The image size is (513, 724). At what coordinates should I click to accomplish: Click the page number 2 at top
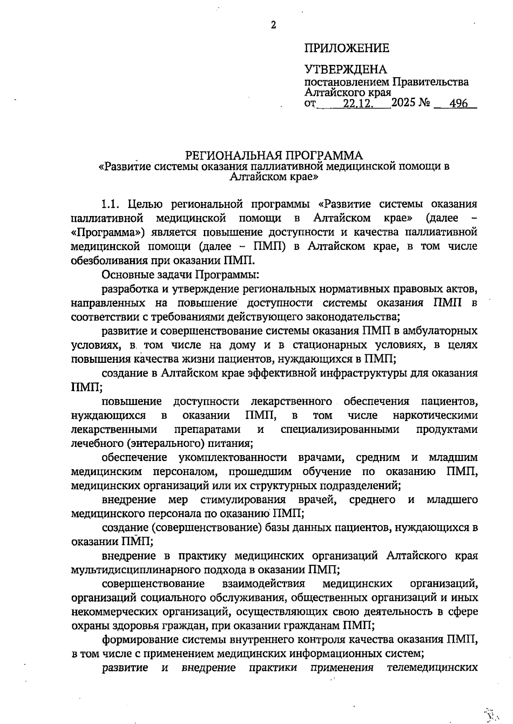[274, 25]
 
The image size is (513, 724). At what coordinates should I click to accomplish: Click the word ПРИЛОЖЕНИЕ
[346, 48]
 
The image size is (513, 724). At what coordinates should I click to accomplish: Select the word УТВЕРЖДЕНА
[345, 69]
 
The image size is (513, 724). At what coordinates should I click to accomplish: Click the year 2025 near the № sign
[404, 103]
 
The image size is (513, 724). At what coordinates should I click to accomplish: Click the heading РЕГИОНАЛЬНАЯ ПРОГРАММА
[274, 155]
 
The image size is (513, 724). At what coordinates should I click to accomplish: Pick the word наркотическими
[435, 415]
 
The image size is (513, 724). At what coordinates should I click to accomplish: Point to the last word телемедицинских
[432, 668]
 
